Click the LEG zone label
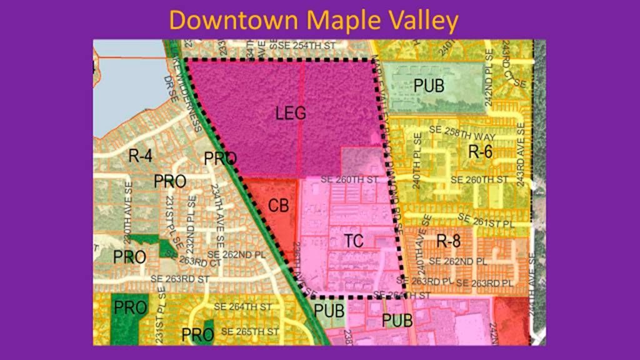point(291,114)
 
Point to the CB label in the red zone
point(279,206)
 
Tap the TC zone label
point(354,241)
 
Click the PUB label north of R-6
point(428,85)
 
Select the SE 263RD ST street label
point(179,279)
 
